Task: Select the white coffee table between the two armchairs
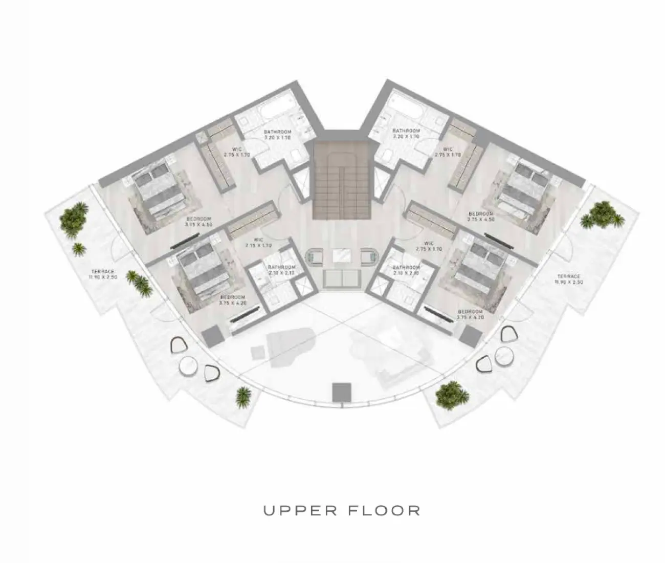341,255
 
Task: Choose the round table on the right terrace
504,355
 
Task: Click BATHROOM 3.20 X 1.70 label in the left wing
277,135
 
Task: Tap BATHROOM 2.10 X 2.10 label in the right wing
406,270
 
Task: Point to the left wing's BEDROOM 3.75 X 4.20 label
232,299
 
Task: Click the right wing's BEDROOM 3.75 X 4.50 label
481,216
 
